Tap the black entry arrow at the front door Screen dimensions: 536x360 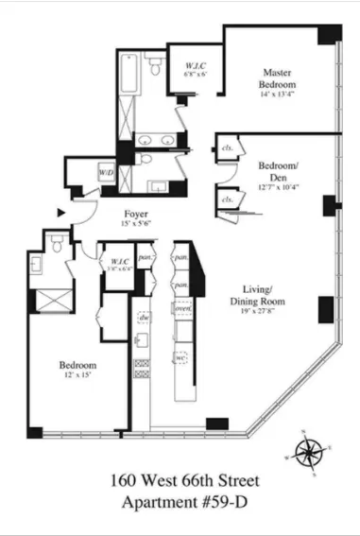(x=61, y=214)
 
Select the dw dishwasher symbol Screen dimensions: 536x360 (x=143, y=319)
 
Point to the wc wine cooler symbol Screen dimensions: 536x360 (x=182, y=359)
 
